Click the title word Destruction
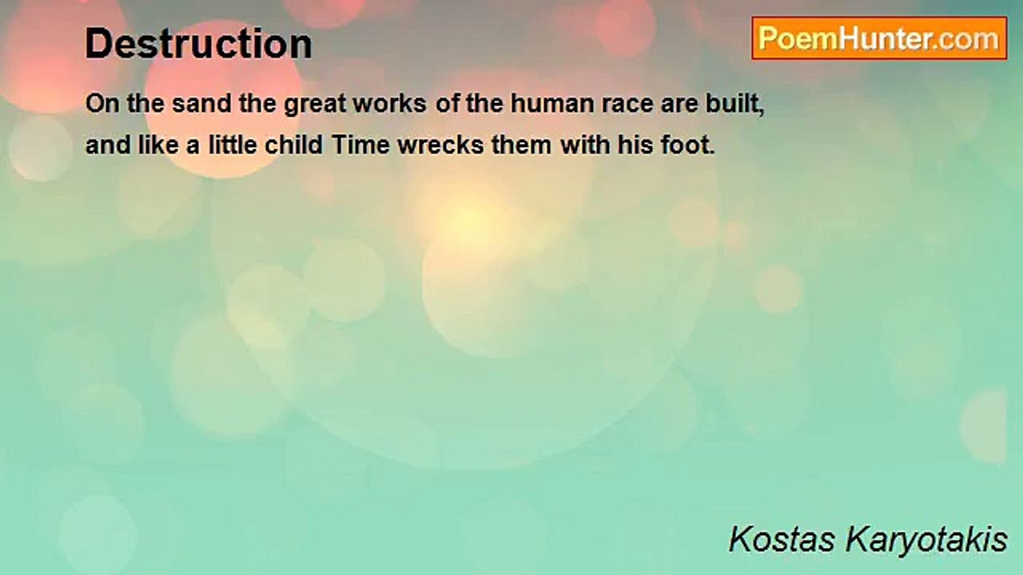[198, 44]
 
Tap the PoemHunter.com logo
[879, 38]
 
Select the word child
[295, 146]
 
